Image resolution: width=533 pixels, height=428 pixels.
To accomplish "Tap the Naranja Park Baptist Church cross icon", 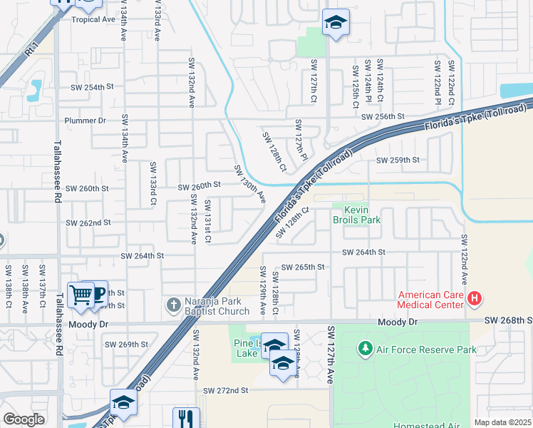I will pos(173,305).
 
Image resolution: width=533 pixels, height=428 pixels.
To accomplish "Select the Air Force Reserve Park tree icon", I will pos(366,348).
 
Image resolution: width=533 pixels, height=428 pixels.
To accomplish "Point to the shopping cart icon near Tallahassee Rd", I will pos(81,294).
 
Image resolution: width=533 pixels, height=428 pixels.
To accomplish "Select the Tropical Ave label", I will pos(93,20).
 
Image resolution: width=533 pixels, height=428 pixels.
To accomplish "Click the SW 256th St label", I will pos(383,116).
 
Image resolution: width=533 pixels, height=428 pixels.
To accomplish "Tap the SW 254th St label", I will pos(92,87).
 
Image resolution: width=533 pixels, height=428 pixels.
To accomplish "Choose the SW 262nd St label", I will pos(88,223).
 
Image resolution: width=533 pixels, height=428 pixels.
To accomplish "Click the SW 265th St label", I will pos(303,267).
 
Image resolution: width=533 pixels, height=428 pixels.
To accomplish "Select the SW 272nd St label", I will pos(225,391).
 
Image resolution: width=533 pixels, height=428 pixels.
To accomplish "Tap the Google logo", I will pos(24,419).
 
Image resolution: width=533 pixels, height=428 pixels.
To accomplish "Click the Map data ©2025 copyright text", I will pos(502,422).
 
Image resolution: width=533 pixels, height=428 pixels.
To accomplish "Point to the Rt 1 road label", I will pos(29,52).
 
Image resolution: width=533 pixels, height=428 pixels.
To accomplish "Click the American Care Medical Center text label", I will pos(431,300).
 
